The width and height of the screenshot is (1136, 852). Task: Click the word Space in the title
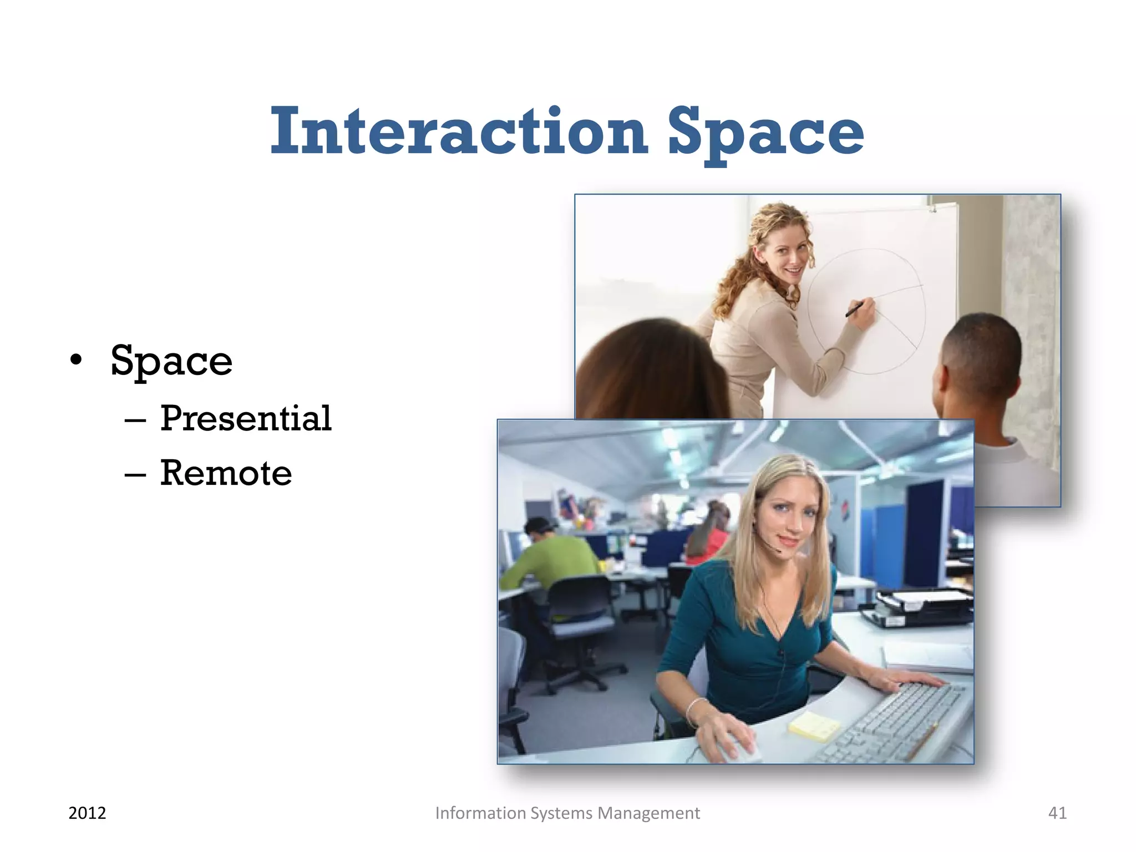[765, 133]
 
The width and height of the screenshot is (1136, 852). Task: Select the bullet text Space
[171, 361]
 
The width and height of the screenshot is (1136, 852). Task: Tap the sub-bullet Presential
[246, 418]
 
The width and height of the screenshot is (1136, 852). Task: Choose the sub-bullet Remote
[226, 473]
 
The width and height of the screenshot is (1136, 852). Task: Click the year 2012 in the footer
[87, 813]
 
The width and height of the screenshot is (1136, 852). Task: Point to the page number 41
[1057, 813]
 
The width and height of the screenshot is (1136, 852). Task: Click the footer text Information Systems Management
[567, 813]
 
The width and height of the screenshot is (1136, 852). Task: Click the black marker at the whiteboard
[854, 310]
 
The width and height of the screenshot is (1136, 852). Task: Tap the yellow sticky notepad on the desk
[814, 726]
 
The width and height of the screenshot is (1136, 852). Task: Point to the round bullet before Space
[76, 361]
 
